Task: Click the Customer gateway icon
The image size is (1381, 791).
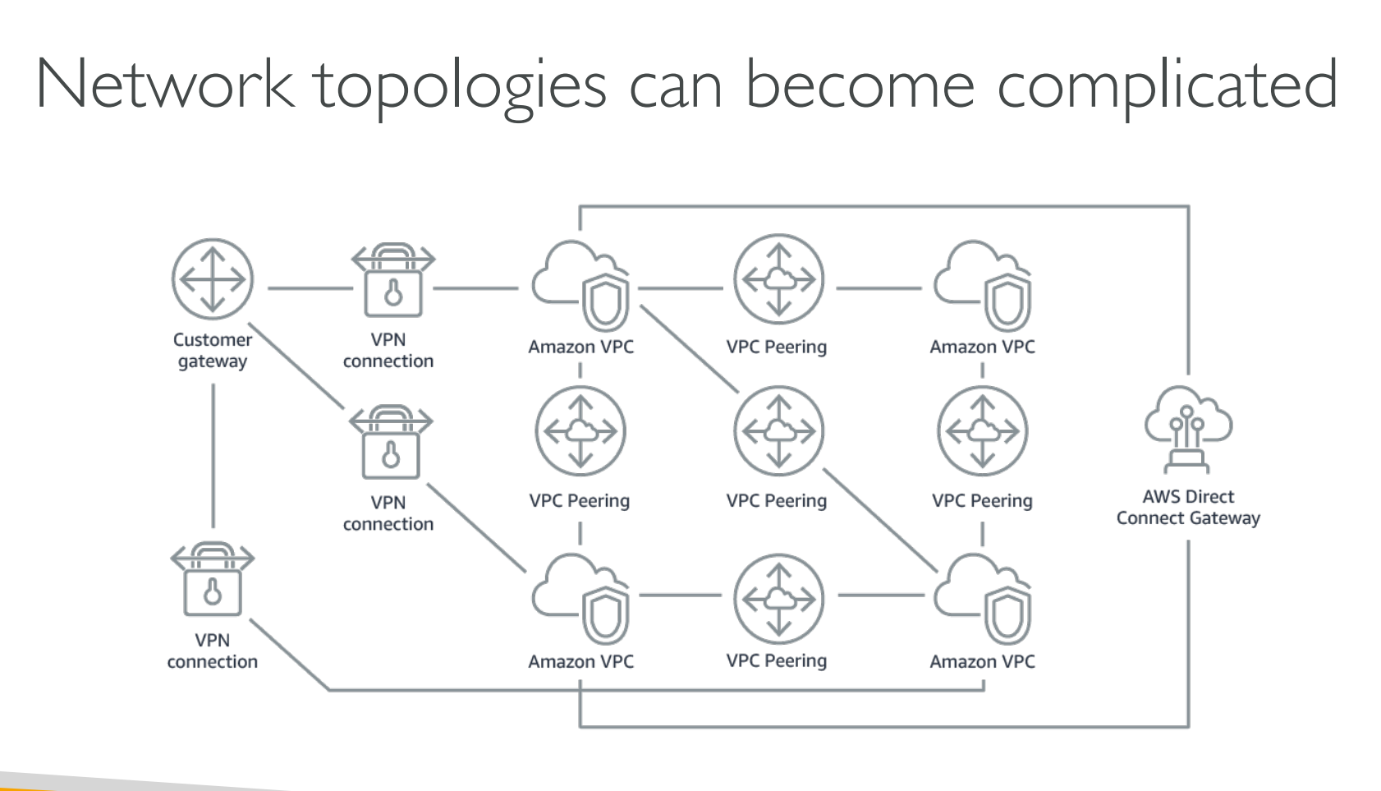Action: point(213,279)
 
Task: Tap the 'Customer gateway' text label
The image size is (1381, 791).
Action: point(213,351)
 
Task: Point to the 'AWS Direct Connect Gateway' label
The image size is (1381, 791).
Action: point(1188,508)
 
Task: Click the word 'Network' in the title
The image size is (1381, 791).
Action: point(164,84)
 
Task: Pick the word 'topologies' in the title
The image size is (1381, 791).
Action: point(461,87)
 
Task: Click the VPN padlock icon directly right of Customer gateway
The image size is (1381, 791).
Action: point(393,281)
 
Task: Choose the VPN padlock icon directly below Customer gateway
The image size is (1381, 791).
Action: point(213,579)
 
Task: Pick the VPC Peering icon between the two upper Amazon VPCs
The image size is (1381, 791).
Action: point(778,279)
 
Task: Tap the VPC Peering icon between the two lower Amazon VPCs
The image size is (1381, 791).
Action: point(778,599)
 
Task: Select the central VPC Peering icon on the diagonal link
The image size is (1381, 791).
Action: point(778,431)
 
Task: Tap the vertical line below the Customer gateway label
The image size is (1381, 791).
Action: point(213,456)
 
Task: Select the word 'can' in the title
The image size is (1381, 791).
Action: point(675,87)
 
